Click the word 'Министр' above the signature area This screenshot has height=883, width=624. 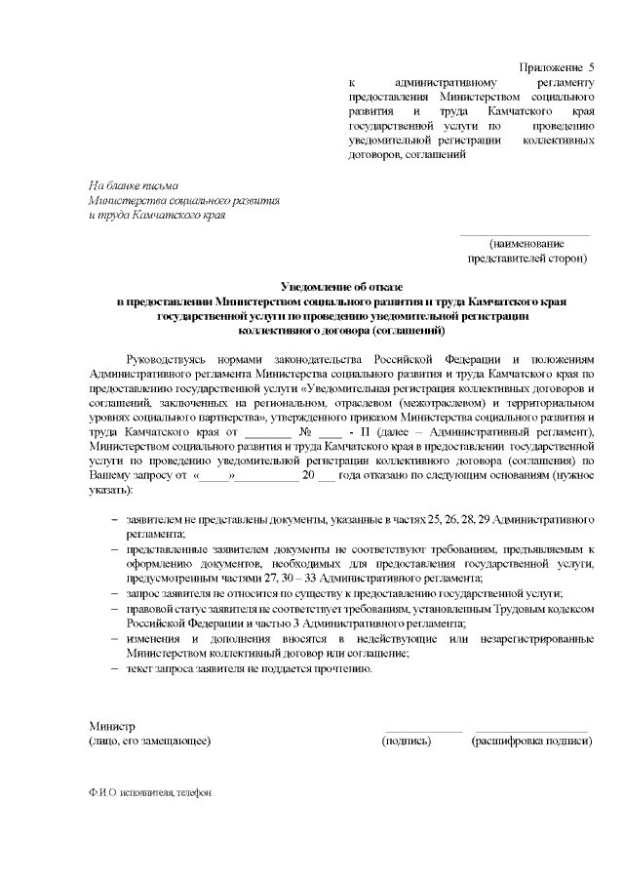pyautogui.click(x=111, y=727)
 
